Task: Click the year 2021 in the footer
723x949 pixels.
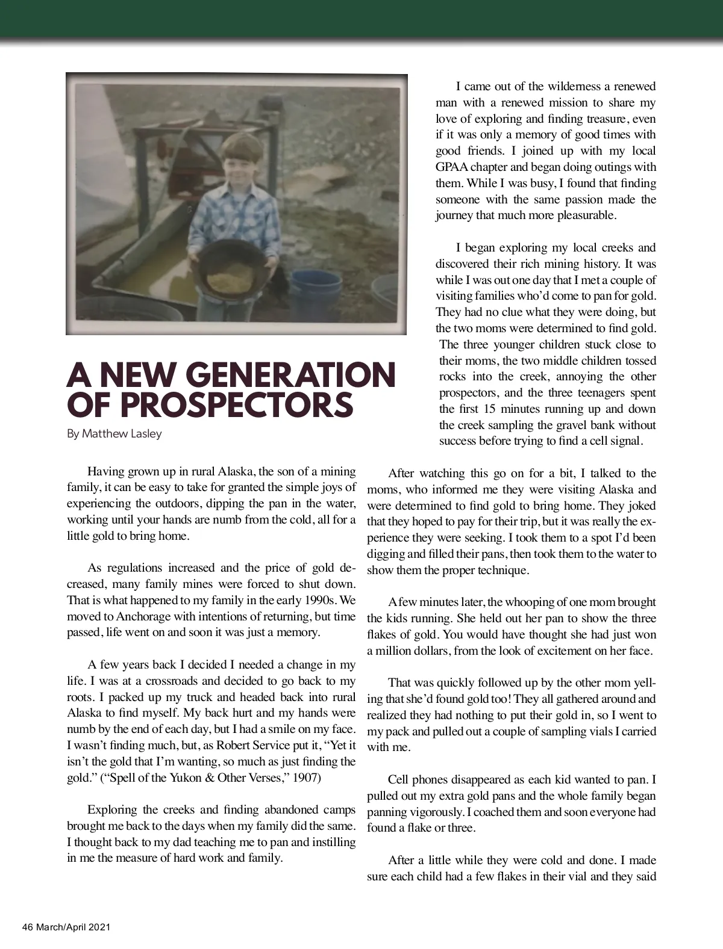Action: tap(99, 927)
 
